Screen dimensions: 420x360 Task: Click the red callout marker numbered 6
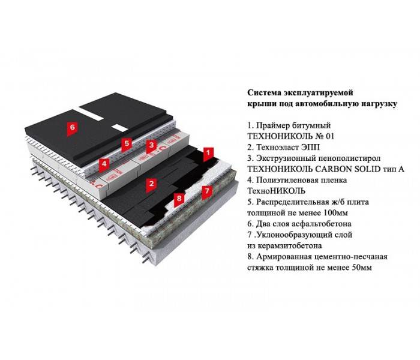[x=73, y=128]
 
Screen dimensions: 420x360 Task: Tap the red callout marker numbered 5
[x=127, y=145]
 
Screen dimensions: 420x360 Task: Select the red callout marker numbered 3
[x=152, y=146]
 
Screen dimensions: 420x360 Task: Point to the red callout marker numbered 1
[x=208, y=154]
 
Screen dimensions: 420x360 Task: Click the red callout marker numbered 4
[x=104, y=164]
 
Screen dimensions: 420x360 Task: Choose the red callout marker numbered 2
[x=152, y=184]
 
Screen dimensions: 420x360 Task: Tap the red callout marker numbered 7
[x=207, y=192]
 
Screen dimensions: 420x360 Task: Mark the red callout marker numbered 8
[x=179, y=199]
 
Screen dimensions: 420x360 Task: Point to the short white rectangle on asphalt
[x=120, y=127]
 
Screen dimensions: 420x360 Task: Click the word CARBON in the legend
[x=332, y=169]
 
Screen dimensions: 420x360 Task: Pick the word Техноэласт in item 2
[x=277, y=148]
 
